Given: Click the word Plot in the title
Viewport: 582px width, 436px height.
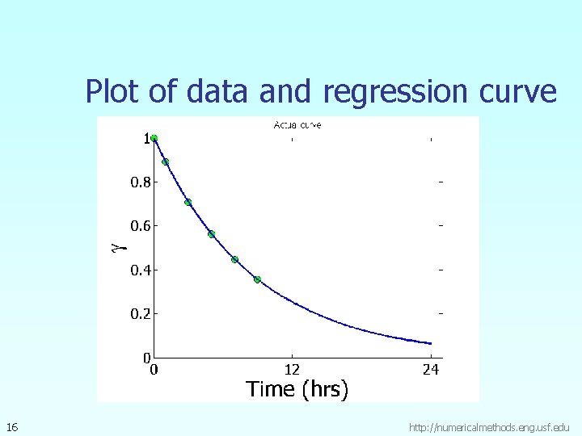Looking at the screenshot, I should coord(113,92).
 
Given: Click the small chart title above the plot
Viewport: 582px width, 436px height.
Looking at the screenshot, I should coord(297,125).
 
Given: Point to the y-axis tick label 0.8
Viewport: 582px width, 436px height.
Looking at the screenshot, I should coord(140,182).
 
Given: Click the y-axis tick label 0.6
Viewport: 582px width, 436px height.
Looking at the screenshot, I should coord(140,226).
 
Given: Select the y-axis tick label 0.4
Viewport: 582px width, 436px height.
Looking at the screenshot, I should coord(140,270).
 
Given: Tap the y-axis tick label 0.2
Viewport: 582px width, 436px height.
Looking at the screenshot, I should coord(140,313).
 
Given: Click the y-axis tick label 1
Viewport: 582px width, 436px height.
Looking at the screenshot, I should coord(147,139).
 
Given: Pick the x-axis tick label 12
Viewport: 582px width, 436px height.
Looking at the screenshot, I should coord(292,370).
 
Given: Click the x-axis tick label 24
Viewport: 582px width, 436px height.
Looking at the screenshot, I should coord(431,370).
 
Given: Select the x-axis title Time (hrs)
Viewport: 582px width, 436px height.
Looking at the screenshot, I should coord(297,390).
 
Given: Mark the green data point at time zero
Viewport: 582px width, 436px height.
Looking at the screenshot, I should coord(154,138).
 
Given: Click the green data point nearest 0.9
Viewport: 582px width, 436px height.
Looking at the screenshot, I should coord(165,161).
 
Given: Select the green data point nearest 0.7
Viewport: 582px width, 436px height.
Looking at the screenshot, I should coord(188,202).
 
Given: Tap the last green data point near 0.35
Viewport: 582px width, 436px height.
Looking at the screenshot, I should coord(257,279).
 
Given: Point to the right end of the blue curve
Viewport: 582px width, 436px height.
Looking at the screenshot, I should coord(431,343).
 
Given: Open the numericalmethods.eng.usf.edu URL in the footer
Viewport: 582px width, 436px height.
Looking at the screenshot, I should coord(490,426).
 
